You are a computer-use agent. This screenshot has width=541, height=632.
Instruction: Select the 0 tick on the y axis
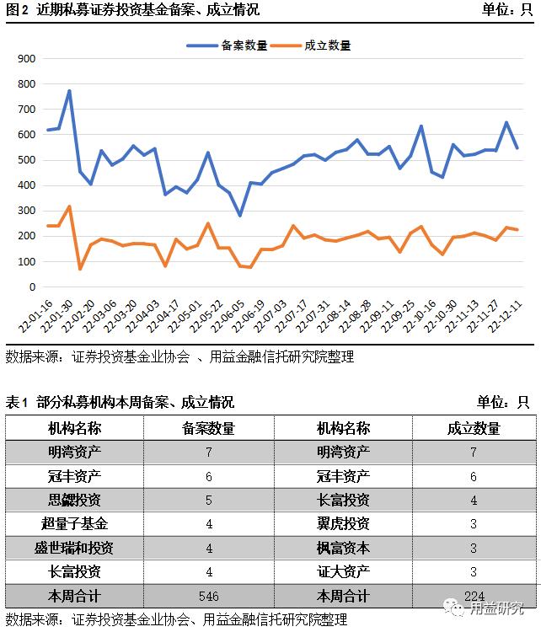pos(32,287)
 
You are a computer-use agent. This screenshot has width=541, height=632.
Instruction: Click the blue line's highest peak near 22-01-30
pos(69,91)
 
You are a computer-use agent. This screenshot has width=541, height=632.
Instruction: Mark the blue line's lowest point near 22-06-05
pos(239,216)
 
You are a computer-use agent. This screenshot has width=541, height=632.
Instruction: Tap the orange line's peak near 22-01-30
pos(69,206)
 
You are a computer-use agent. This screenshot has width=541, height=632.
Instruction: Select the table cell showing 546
pos(208,596)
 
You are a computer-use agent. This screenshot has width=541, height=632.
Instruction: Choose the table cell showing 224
pos(474,596)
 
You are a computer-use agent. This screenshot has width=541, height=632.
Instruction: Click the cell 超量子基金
pos(74,524)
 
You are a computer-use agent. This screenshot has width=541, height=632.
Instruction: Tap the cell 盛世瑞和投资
pos(74,548)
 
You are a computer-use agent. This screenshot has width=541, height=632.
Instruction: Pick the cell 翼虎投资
pos(343,524)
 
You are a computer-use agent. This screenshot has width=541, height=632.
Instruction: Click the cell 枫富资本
pos(343,548)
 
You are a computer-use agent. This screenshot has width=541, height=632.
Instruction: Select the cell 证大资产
pos(343,572)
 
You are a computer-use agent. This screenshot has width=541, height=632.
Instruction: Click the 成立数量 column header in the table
pos(474,428)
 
